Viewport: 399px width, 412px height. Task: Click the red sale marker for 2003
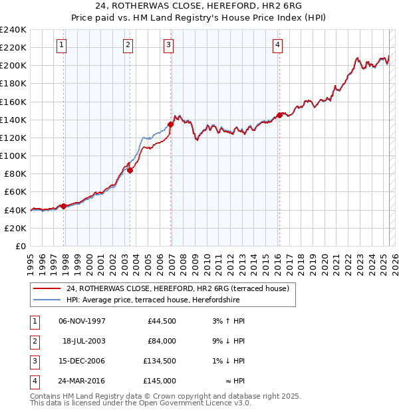coord(130,170)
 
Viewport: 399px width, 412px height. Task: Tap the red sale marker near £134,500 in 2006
coord(170,124)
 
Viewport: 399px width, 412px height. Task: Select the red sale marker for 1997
coord(64,206)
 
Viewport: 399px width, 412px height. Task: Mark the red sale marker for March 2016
coord(279,115)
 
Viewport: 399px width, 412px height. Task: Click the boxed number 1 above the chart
coord(61,45)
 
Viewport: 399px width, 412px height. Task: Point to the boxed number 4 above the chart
coord(277,45)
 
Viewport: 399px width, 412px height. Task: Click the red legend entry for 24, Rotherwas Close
coord(177,289)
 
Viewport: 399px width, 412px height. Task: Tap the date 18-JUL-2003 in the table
coord(84,341)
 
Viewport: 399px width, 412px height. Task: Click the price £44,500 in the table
coord(162,321)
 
